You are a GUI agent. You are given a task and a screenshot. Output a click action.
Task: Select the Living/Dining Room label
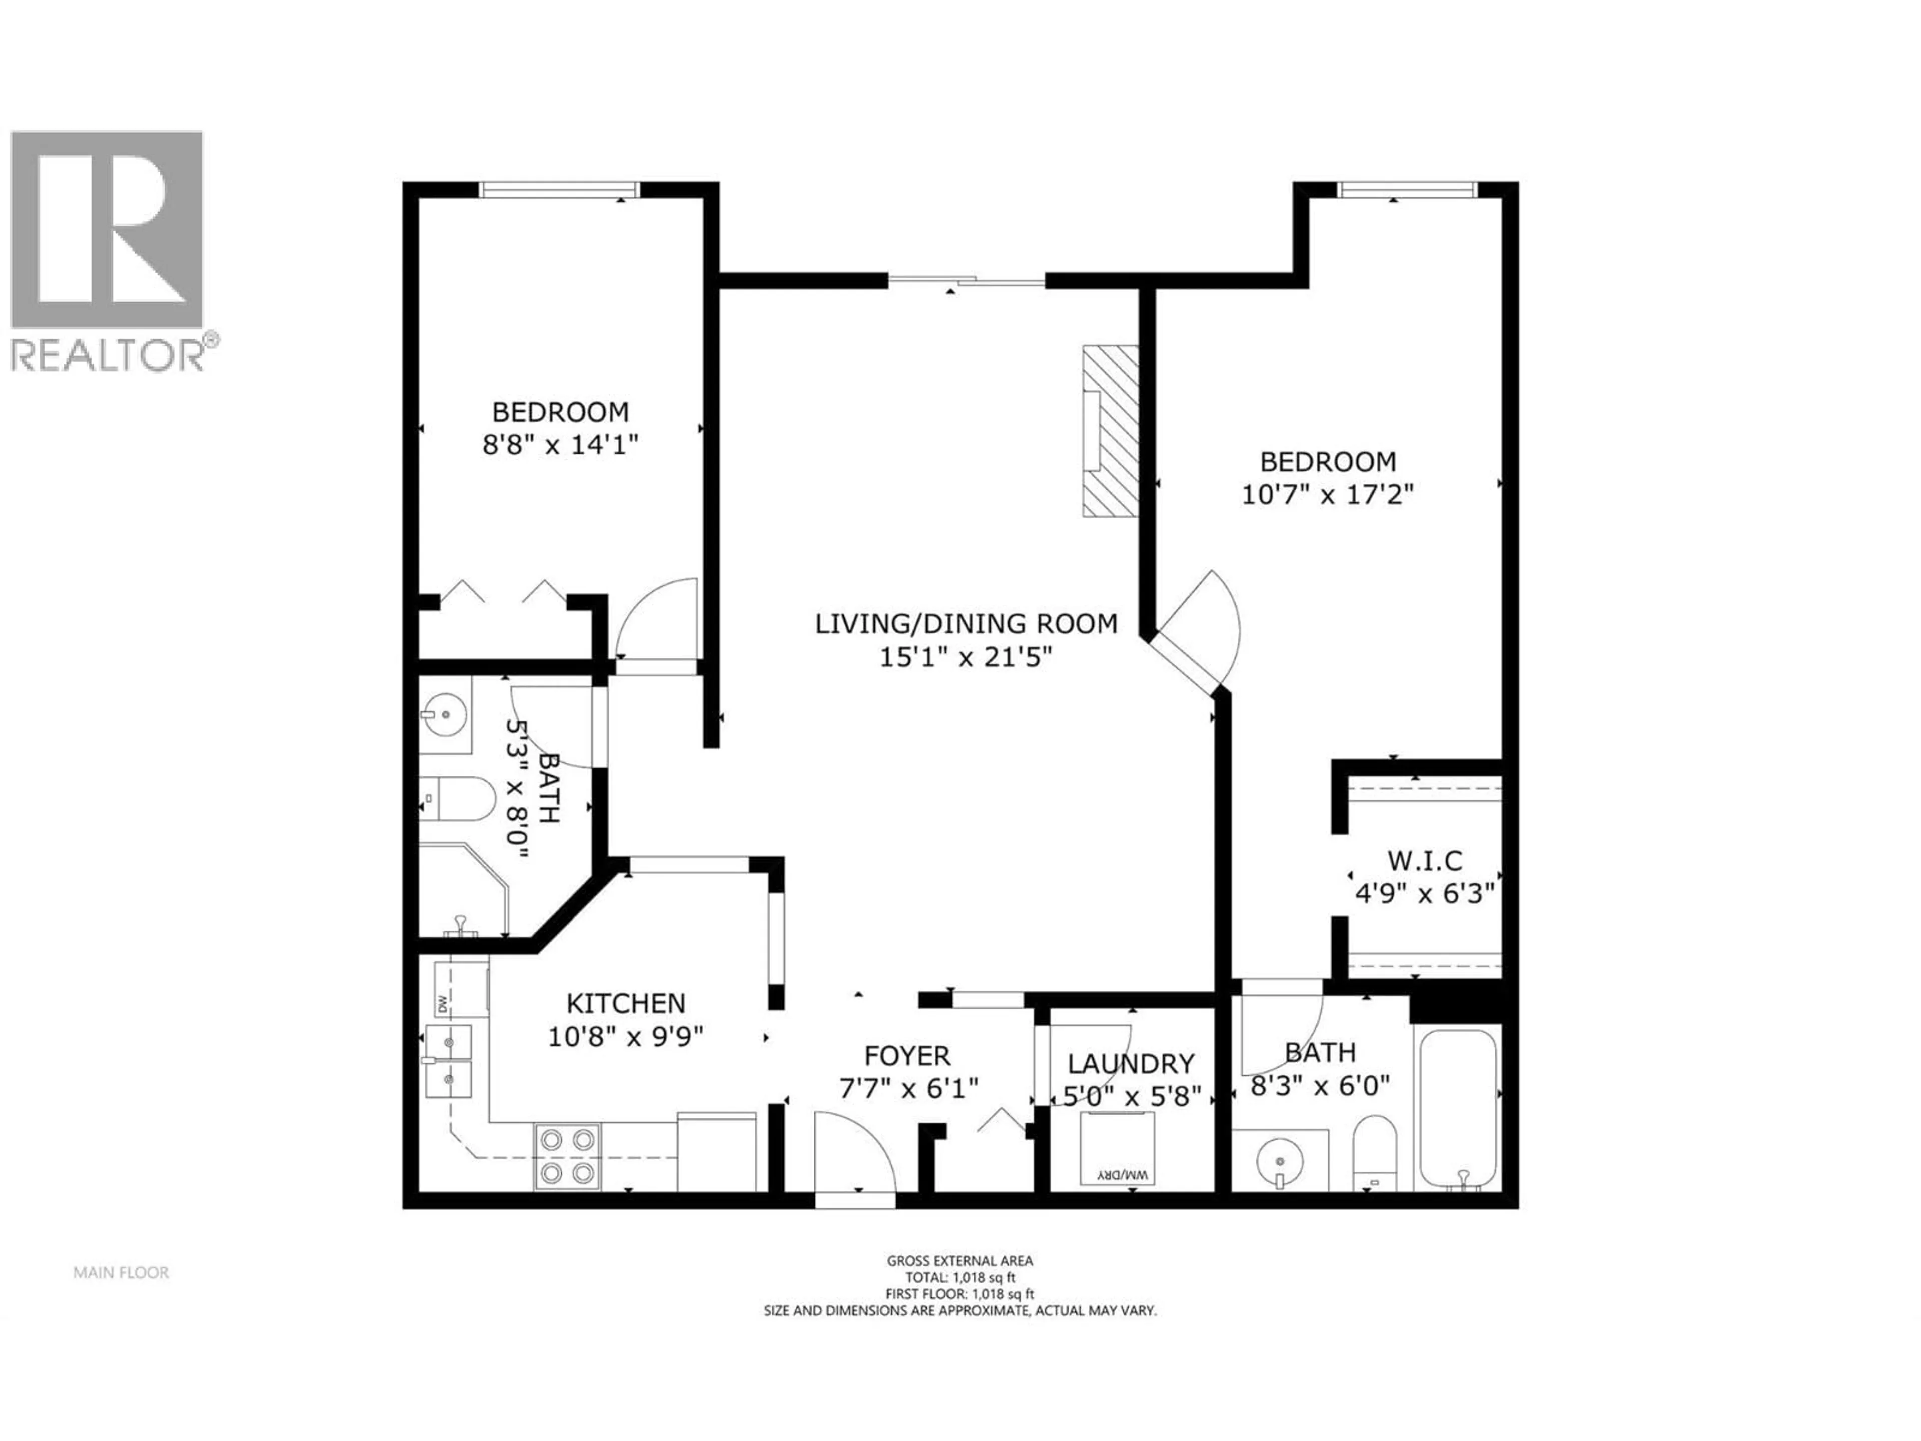coord(966,623)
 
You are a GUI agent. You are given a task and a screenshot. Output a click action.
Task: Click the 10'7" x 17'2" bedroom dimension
coord(1327,495)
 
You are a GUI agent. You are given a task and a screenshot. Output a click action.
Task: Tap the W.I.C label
coord(1424,861)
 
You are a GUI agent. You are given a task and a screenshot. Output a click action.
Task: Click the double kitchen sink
coord(448,1061)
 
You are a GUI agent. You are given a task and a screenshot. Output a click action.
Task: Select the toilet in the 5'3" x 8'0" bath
coord(459,798)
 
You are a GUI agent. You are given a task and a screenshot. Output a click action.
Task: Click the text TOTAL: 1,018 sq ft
coord(959,1278)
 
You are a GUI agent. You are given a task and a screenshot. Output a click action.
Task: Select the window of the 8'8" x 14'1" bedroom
coord(560,189)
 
